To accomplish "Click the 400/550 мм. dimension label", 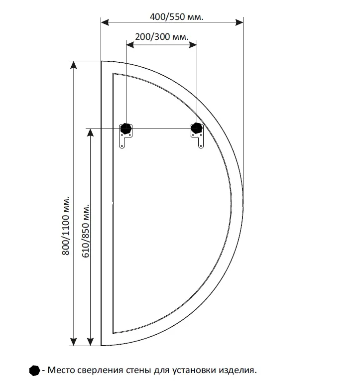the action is pyautogui.click(x=177, y=17).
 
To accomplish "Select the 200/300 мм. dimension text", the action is pyautogui.click(x=162, y=37).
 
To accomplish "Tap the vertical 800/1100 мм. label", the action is pyautogui.click(x=66, y=226).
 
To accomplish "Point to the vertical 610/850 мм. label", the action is pyautogui.click(x=86, y=231).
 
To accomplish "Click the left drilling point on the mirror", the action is pyautogui.click(x=126, y=129).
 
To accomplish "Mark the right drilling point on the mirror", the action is pyautogui.click(x=197, y=128).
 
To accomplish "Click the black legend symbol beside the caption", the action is pyautogui.click(x=34, y=371).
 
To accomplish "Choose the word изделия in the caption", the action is pyautogui.click(x=238, y=371).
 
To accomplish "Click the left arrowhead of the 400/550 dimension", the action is pyautogui.click(x=105, y=22).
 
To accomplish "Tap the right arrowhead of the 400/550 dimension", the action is pyautogui.click(x=240, y=22).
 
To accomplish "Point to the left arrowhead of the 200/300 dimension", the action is pyautogui.click(x=130, y=45).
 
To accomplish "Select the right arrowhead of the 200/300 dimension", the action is pyautogui.click(x=193, y=45).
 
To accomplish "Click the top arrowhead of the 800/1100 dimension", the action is pyautogui.click(x=74, y=65).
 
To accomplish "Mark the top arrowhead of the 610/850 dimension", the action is pyautogui.click(x=91, y=132).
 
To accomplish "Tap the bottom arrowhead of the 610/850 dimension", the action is pyautogui.click(x=91, y=342).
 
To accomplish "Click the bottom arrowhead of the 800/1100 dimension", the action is pyautogui.click(x=74, y=342).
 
